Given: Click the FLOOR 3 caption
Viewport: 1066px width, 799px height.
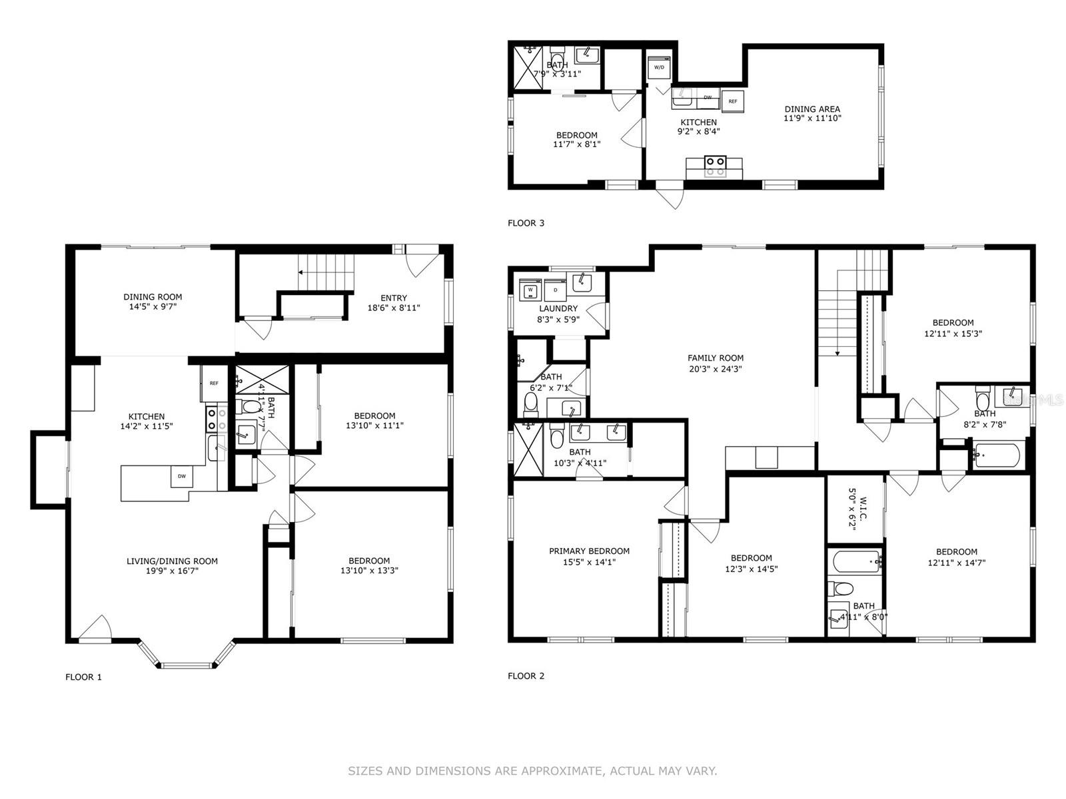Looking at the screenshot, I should click(526, 223).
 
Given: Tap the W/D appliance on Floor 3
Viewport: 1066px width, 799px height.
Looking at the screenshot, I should click(658, 68).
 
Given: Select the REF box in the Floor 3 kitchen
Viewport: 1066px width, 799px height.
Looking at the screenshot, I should click(732, 101).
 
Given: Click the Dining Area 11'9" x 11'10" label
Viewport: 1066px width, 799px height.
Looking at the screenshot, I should click(812, 113).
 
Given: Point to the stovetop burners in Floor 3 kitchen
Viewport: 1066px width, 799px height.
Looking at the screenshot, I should click(715, 166).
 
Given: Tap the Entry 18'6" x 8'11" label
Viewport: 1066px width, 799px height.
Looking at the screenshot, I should click(393, 302).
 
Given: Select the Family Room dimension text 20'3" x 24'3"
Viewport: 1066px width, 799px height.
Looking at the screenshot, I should click(716, 368).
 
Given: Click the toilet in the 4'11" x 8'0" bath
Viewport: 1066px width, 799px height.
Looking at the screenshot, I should click(841, 588).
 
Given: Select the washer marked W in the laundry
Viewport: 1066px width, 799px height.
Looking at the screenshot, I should click(531, 290).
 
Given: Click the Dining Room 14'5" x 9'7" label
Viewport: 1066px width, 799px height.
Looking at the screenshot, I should click(153, 302).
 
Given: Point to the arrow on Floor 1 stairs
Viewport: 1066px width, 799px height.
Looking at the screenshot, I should click(302, 272).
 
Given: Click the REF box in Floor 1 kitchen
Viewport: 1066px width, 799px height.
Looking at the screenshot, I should click(213, 384).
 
